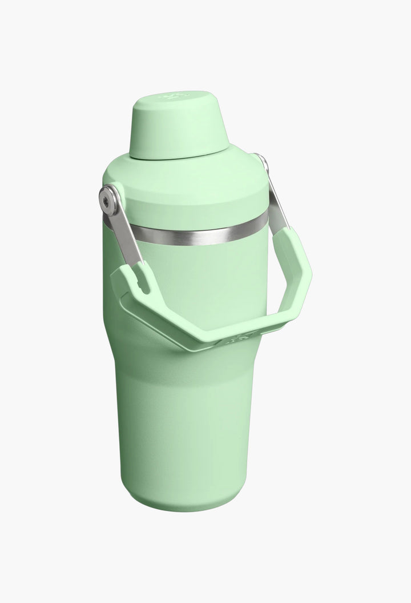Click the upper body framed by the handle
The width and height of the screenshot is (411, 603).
200,274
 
